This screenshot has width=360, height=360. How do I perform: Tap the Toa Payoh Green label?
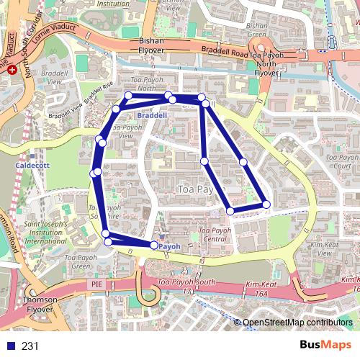[x=77, y=261]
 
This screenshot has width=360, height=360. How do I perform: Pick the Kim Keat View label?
[x=324, y=249]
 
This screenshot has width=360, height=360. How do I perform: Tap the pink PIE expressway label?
[x=98, y=285]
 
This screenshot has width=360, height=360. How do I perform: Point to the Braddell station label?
[x=152, y=114]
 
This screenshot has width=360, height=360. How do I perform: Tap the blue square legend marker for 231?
[x=9, y=346]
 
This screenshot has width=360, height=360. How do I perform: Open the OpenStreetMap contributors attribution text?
[x=297, y=323]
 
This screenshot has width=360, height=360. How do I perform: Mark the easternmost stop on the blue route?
[x=266, y=204]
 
